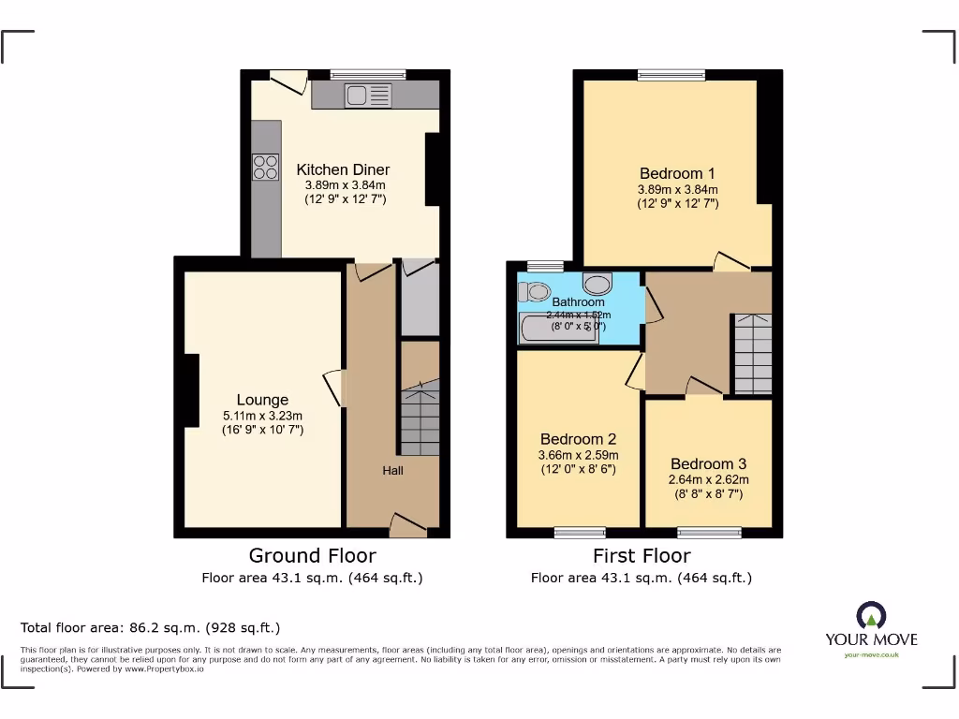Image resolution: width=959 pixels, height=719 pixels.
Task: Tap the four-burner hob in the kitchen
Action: click(x=265, y=167)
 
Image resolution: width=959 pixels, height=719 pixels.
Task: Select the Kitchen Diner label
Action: click(x=343, y=169)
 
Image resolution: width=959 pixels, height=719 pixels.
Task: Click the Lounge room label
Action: click(x=262, y=400)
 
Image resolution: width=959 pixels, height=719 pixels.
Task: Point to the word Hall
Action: click(x=392, y=470)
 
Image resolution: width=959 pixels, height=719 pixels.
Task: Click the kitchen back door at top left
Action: click(x=288, y=81)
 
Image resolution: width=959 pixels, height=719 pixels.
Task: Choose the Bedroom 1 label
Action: click(x=677, y=173)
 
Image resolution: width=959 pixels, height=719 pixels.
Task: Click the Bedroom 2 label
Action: click(x=578, y=439)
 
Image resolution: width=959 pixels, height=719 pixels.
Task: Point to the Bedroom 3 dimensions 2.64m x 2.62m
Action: click(x=709, y=479)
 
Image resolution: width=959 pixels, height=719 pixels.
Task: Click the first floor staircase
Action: click(x=752, y=354)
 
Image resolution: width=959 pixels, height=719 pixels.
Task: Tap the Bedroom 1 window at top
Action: click(x=671, y=75)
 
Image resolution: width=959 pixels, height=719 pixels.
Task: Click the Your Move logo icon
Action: click(x=871, y=615)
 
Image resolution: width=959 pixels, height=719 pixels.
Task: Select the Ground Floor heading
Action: click(x=312, y=556)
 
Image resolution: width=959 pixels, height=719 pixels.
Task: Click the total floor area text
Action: click(x=151, y=627)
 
